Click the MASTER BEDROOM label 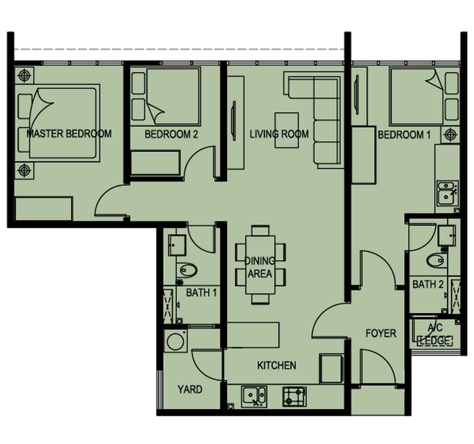click(69, 134)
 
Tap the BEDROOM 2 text click(171, 134)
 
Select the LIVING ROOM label click(279, 134)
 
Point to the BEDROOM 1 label click(404, 135)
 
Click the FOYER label click(381, 333)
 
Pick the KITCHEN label click(276, 365)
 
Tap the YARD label click(190, 389)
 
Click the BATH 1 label click(201, 293)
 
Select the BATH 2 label click(428, 284)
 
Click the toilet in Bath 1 click(187, 270)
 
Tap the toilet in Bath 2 click(437, 261)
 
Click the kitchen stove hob click(294, 396)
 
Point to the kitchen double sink click(254, 397)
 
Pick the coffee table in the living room click(287, 130)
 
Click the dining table click(260, 265)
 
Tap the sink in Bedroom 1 click(447, 193)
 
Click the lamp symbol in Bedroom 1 click(450, 135)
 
